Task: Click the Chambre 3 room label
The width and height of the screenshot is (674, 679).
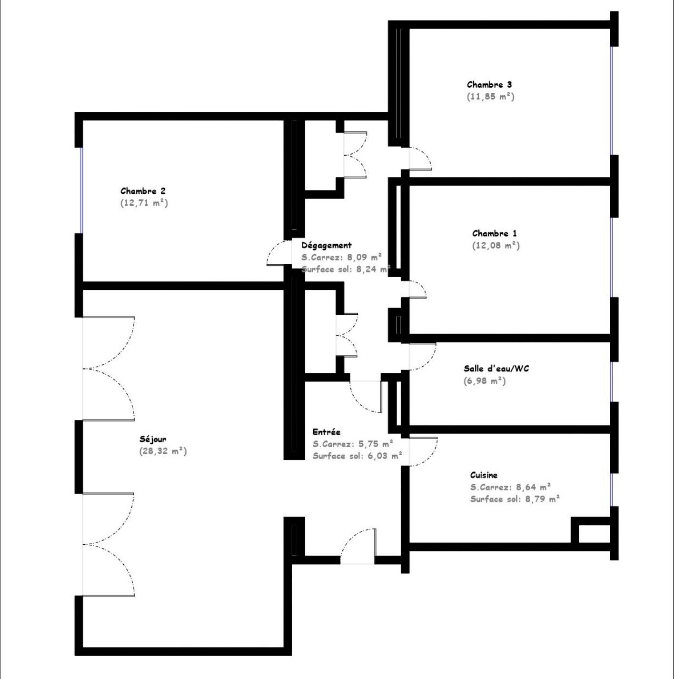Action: click(x=489, y=85)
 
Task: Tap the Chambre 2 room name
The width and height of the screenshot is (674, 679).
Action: click(x=143, y=191)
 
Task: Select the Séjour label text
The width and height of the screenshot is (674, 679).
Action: click(x=153, y=439)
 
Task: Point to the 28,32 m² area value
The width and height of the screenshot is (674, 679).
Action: click(x=163, y=451)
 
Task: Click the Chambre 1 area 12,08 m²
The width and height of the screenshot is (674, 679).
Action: click(x=496, y=245)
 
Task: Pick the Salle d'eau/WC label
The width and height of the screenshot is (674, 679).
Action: click(x=496, y=369)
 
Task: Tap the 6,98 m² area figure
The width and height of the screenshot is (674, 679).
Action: click(x=485, y=380)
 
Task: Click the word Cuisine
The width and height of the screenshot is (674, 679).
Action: click(x=484, y=475)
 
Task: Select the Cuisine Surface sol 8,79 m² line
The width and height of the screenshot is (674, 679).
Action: click(x=515, y=499)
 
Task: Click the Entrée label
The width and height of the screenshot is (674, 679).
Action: click(x=326, y=432)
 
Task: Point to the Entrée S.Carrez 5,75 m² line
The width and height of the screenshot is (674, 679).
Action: click(x=353, y=444)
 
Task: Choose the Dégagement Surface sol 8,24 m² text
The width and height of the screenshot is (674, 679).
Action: click(x=346, y=269)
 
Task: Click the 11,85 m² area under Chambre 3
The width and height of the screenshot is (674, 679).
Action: click(x=490, y=97)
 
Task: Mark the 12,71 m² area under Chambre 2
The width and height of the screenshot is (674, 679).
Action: click(x=144, y=203)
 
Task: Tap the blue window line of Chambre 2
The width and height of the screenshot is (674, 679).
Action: click(x=82, y=190)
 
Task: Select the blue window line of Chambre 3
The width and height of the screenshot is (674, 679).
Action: click(x=612, y=101)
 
